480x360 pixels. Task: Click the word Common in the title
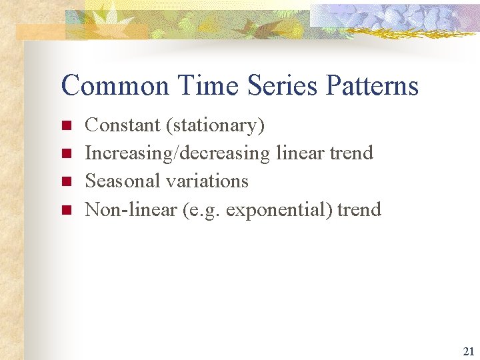pos(115,86)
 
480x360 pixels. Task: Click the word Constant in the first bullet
pos(123,125)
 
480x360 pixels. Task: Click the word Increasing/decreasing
pos(177,153)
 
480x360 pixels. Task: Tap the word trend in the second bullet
pos(351,153)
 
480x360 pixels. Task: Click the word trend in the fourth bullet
pos(359,209)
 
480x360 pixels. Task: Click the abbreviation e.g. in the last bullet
pos(205,210)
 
